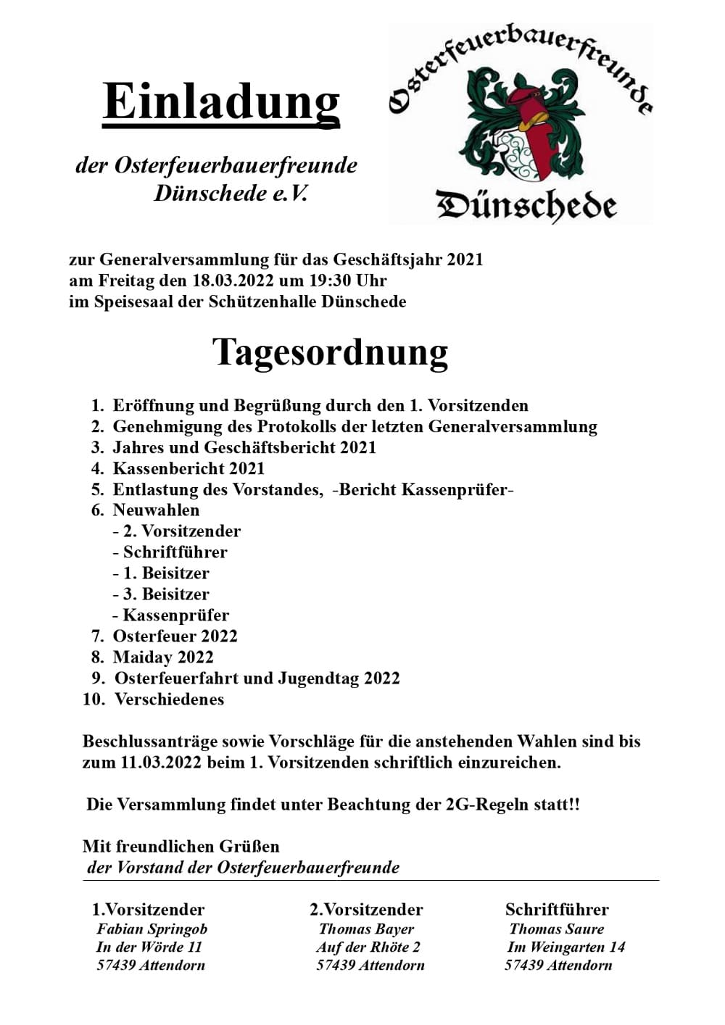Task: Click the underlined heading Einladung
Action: [221, 101]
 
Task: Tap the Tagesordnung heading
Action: [330, 352]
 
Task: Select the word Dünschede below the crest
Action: [526, 205]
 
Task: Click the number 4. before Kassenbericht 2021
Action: [98, 468]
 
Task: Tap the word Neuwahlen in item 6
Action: [156, 510]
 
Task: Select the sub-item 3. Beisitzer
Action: [165, 594]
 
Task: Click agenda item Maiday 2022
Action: [163, 657]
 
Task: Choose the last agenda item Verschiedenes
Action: [169, 700]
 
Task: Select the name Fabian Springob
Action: [152, 929]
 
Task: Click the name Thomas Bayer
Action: [366, 929]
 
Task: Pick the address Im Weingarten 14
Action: [565, 947]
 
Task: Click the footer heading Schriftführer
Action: [557, 910]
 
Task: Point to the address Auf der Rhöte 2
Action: [368, 947]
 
